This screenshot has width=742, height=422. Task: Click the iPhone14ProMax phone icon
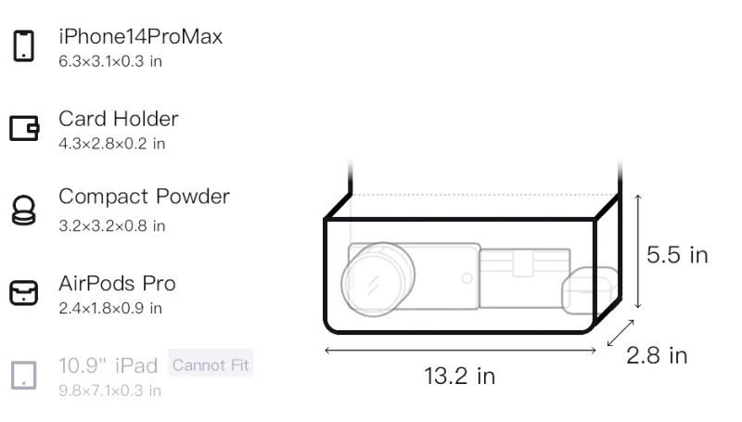tap(24, 45)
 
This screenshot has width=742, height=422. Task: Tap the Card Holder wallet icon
tap(24, 128)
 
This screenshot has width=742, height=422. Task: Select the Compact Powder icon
tap(24, 210)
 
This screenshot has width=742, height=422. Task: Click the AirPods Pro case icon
tap(24, 293)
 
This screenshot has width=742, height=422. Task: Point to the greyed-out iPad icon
tap(24, 376)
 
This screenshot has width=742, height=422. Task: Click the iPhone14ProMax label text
tap(141, 37)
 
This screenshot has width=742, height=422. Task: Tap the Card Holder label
tap(119, 119)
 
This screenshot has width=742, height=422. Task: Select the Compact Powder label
tap(145, 197)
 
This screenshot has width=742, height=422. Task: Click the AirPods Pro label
tap(118, 284)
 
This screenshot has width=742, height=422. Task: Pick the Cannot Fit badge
tap(211, 364)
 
